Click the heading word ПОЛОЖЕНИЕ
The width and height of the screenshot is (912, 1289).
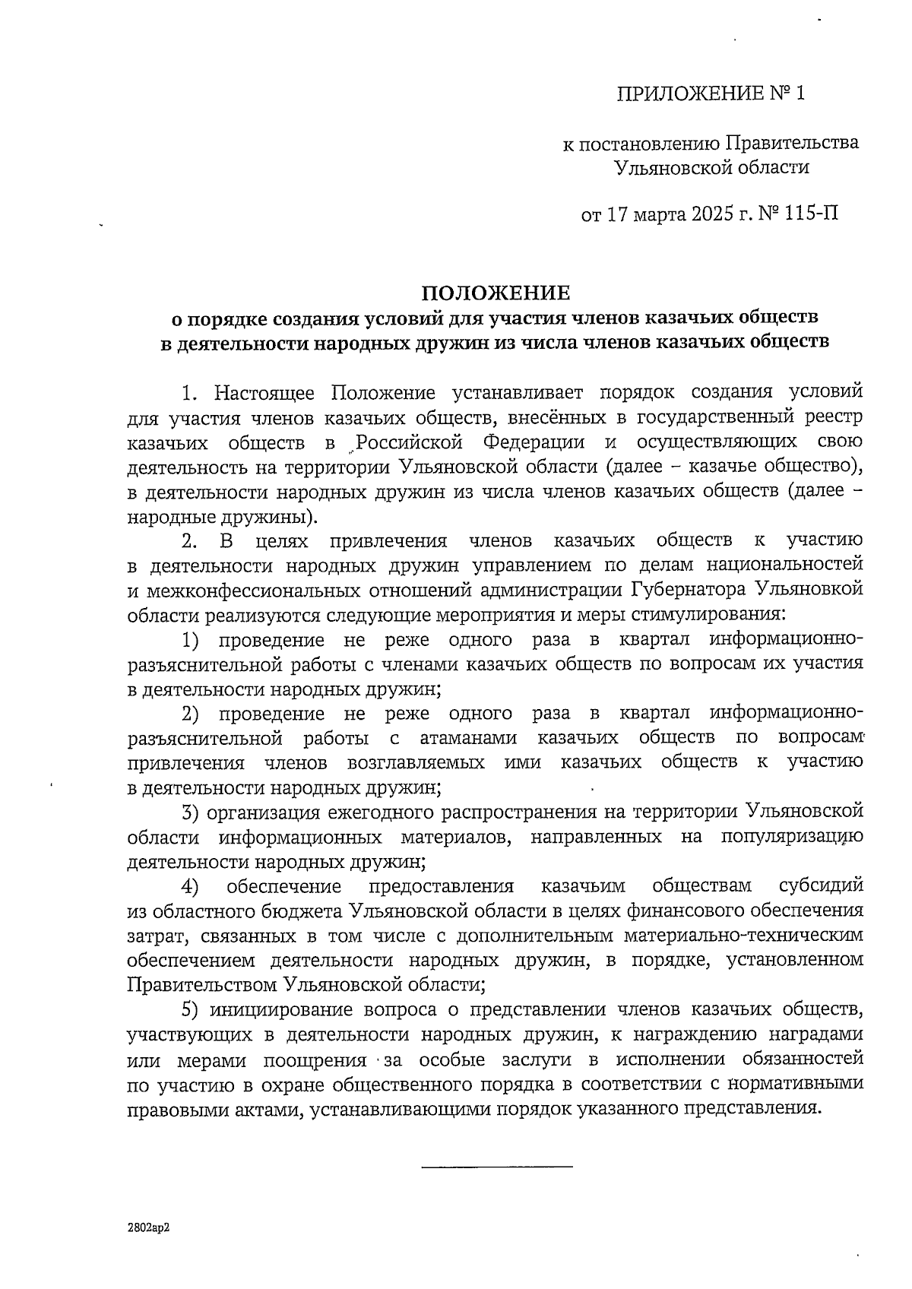(x=495, y=293)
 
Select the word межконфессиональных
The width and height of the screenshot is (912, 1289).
(x=271, y=590)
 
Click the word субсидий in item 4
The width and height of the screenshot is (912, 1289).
(x=822, y=886)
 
